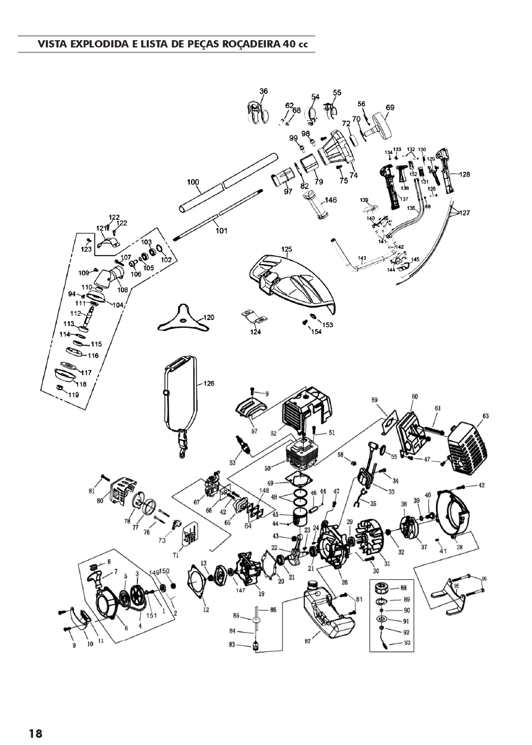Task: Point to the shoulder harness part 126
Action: (x=180, y=396)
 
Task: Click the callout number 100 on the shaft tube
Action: (x=193, y=182)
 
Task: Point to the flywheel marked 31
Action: (x=365, y=538)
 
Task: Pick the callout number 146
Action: (x=331, y=200)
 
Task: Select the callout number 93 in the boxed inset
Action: (x=407, y=643)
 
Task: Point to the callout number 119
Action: (x=73, y=395)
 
